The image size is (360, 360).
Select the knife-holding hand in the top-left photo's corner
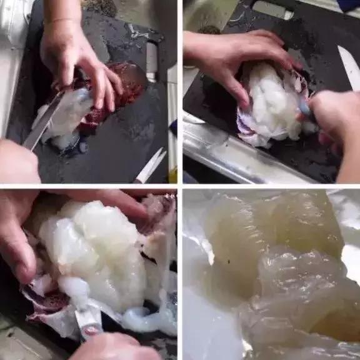(16, 161)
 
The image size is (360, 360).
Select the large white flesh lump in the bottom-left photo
(94, 250)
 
